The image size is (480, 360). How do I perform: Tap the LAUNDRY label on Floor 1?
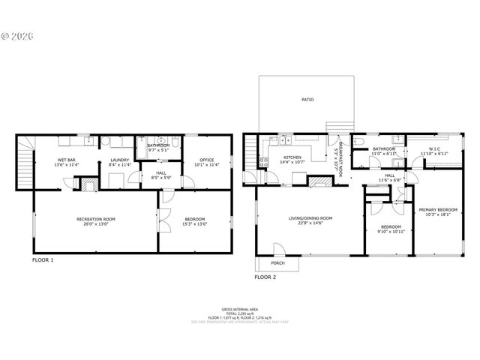[120, 159]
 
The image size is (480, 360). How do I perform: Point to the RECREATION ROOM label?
[96, 219]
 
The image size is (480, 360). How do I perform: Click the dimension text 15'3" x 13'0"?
[196, 223]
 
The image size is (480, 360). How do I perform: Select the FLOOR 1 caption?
[43, 260]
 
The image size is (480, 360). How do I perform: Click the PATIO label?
[307, 99]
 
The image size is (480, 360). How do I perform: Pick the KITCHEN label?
[292, 157]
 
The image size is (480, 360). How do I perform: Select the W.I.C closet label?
[433, 148]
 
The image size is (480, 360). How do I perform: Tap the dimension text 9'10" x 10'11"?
[391, 231]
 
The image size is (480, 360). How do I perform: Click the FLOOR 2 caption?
[265, 277]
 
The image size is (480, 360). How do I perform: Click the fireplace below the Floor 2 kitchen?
[321, 181]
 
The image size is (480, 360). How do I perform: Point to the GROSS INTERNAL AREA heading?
[240, 309]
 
